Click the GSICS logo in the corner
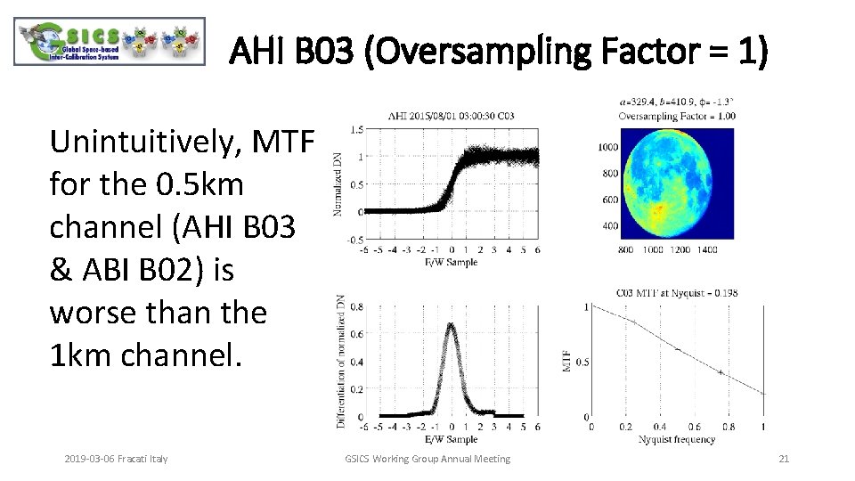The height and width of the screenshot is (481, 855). coord(110,42)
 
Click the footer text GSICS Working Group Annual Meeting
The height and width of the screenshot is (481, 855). coord(427,459)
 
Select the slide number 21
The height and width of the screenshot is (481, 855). coord(784,459)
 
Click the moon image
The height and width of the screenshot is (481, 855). coord(680,183)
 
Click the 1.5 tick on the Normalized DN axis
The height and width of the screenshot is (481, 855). coord(356,130)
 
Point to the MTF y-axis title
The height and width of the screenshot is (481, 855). coord(566,361)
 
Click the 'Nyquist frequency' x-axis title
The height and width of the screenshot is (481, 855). coord(677,440)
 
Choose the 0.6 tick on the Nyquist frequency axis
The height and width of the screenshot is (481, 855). coord(695,428)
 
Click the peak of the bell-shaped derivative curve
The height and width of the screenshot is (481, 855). coord(452,325)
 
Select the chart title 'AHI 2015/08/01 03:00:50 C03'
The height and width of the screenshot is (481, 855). coord(451,117)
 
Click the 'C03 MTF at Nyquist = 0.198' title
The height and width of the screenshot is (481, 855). coord(677,292)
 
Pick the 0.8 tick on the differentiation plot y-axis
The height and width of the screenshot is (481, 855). coord(356,307)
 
